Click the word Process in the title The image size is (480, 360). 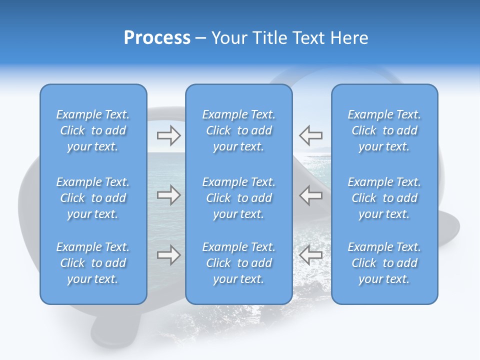(157, 38)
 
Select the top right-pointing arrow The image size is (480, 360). (168, 135)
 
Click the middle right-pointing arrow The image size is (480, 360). (168, 195)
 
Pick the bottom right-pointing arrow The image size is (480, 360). (168, 255)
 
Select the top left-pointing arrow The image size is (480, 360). (310, 135)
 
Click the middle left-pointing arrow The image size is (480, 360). (310, 195)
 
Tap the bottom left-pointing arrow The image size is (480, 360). (310, 255)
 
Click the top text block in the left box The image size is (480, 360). (93, 130)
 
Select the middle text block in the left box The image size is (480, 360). (93, 198)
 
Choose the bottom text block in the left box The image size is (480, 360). (93, 263)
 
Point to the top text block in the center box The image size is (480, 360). (239, 130)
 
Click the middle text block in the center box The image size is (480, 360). (239, 198)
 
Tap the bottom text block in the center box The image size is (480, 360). (239, 263)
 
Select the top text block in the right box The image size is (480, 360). (384, 130)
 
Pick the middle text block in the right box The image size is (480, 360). (384, 198)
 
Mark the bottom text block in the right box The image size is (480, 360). (384, 263)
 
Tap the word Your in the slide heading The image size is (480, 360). (227, 38)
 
